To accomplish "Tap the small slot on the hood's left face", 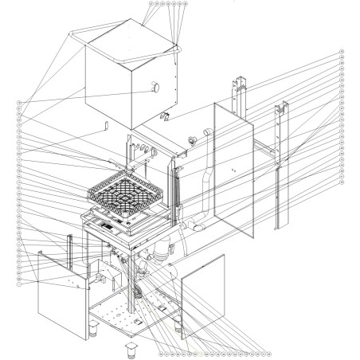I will (x=104, y=125).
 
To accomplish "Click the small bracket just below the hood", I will (x=165, y=119).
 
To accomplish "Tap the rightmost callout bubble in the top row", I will (x=186, y=3).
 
